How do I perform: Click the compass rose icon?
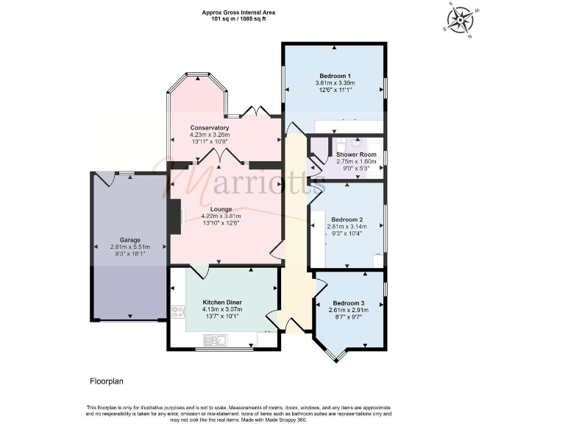click(461, 19)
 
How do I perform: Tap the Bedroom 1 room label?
click(334, 76)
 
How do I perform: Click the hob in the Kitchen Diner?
click(177, 311)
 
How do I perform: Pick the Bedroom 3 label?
click(348, 303)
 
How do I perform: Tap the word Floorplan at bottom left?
click(98, 381)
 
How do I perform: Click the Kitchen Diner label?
click(222, 303)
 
